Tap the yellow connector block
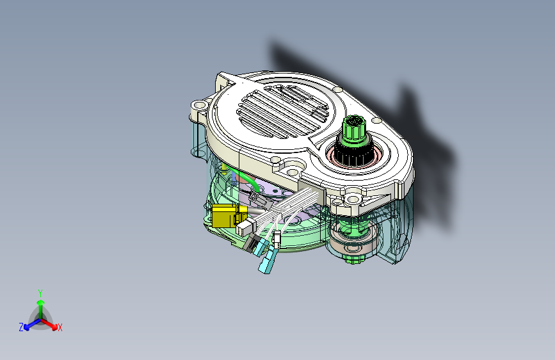click(x=225, y=216)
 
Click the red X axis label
click(x=60, y=327)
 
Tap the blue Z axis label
click(x=21, y=327)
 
